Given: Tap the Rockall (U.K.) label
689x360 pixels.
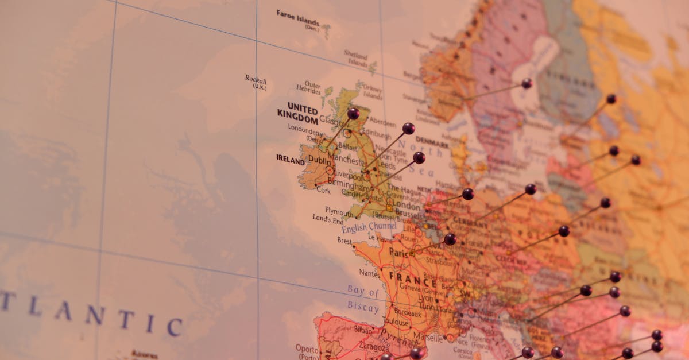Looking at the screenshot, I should (256, 82).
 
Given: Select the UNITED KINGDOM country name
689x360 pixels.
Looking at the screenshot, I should (299, 114).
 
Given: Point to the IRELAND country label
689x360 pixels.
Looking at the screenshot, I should (291, 158).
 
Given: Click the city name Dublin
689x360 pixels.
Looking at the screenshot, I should (320, 161).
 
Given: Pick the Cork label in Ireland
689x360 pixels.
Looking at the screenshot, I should (323, 190).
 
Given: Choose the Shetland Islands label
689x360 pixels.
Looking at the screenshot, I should (356, 59).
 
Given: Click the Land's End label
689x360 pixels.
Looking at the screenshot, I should (328, 219).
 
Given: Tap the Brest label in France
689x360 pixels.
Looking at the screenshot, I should (344, 241).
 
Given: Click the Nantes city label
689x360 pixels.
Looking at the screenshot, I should (369, 273).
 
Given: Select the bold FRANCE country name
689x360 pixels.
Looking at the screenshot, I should (413, 276).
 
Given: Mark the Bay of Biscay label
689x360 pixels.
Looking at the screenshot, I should (363, 299).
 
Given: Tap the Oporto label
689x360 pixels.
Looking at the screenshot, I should (307, 348).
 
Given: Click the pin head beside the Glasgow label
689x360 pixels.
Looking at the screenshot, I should (353, 113).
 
